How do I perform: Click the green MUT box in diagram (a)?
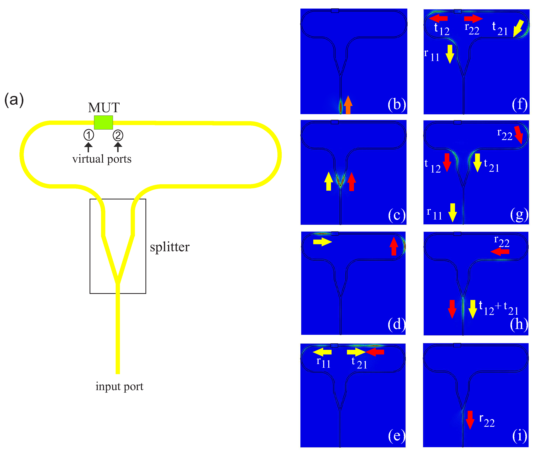click(x=103, y=123)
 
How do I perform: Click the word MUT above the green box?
click(x=104, y=108)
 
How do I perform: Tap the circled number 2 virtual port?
click(x=118, y=135)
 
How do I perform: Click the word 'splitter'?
click(x=170, y=247)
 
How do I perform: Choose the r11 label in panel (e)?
click(x=323, y=362)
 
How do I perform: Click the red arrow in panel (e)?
click(x=375, y=352)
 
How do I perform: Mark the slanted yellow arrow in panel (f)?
click(x=518, y=28)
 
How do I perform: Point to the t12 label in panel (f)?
click(x=442, y=29)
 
